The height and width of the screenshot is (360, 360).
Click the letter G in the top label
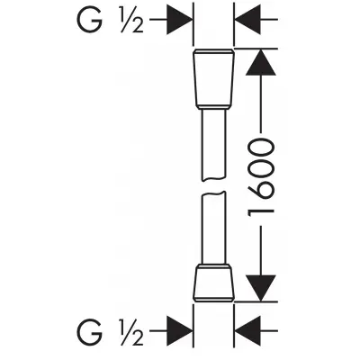click(90, 20)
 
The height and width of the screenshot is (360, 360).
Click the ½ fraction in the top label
click(131, 21)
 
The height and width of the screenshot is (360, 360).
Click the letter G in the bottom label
click(90, 332)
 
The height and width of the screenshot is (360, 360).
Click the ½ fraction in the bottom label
click(131, 332)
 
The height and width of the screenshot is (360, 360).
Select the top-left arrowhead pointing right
click(179, 20)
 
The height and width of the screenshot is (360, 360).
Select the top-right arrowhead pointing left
click(247, 20)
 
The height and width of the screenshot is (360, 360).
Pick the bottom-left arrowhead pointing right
click(179, 331)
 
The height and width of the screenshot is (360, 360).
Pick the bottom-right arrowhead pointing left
click(247, 331)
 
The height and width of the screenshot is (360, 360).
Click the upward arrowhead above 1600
click(260, 62)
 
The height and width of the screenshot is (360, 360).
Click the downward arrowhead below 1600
click(260, 288)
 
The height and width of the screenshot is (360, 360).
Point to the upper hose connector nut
click(213, 78)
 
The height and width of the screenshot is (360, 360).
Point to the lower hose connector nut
click(213, 283)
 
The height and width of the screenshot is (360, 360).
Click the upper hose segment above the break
click(213, 145)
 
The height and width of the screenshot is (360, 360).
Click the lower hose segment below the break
click(213, 229)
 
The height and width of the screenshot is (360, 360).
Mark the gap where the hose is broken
click(213, 187)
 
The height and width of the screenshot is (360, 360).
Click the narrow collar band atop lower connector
click(213, 265)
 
